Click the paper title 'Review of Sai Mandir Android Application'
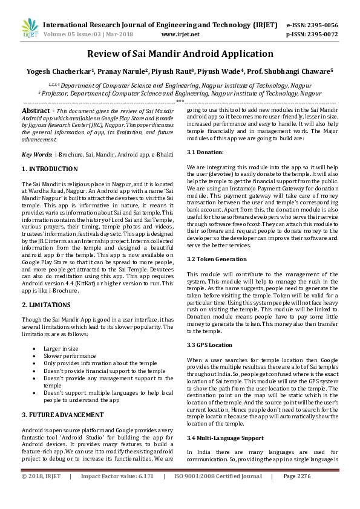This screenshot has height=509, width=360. click(180, 54)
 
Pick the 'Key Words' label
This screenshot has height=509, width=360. click(36, 155)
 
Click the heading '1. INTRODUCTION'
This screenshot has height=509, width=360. click(50, 169)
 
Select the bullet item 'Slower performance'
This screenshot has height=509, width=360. click(70, 357)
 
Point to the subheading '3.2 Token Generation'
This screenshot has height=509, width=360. click(217, 258)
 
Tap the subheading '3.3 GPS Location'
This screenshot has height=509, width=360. click(209, 345)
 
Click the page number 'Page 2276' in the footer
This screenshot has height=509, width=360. click(296, 493)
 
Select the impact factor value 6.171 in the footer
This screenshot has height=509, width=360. click(142, 493)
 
